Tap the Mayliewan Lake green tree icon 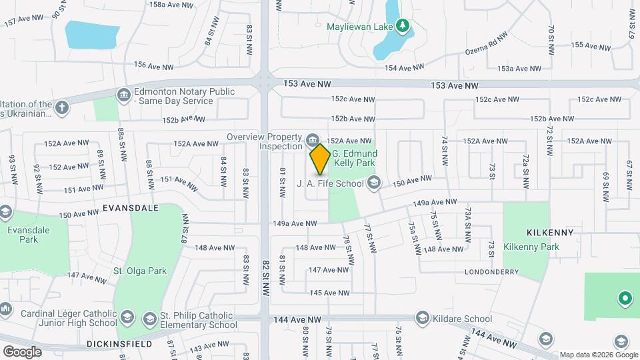[x=402, y=26]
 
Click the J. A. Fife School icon [x=374, y=182]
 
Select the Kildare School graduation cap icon [x=421, y=319]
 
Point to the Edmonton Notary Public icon [x=123, y=96]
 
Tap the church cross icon [x=62, y=108]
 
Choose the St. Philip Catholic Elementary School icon [x=149, y=319]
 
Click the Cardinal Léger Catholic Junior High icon [x=5, y=309]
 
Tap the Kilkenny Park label [x=531, y=247]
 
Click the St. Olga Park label [x=140, y=271]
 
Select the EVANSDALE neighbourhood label [x=131, y=208]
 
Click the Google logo [x=22, y=351]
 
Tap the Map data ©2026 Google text [x=598, y=355]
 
